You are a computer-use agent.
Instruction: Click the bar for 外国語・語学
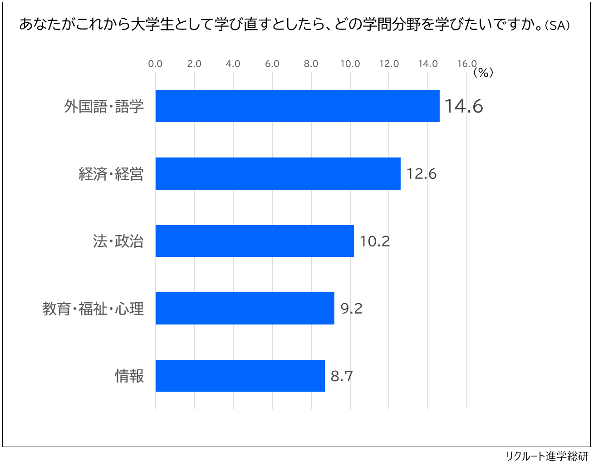(x=297, y=106)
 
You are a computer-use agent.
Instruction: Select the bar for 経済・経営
(x=278, y=173)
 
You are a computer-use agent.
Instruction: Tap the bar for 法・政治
(x=255, y=241)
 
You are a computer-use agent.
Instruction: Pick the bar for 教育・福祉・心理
(x=245, y=309)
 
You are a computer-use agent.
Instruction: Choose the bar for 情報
(x=240, y=376)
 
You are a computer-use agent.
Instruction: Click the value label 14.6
(x=463, y=106)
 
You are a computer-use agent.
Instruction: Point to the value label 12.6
(x=421, y=174)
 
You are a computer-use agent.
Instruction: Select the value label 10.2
(x=374, y=241)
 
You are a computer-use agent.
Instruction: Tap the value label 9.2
(x=351, y=309)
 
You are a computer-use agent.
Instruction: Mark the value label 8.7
(x=341, y=376)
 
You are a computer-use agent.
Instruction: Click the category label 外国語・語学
(x=104, y=106)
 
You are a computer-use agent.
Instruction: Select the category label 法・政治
(x=118, y=241)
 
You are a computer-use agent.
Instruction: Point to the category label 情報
(x=129, y=376)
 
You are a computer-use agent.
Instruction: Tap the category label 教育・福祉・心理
(x=93, y=309)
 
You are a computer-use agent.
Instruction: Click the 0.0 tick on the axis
(x=155, y=64)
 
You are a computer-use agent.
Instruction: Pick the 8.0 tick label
(x=311, y=64)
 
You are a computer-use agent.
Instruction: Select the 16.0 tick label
(x=466, y=64)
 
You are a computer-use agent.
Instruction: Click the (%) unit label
(x=483, y=73)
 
